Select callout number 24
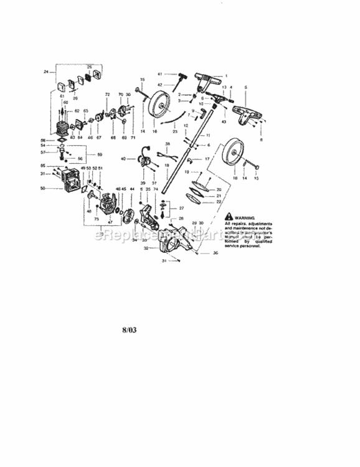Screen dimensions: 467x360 45,72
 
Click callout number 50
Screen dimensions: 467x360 43,188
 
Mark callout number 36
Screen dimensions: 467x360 216,254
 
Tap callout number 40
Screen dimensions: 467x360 123,159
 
